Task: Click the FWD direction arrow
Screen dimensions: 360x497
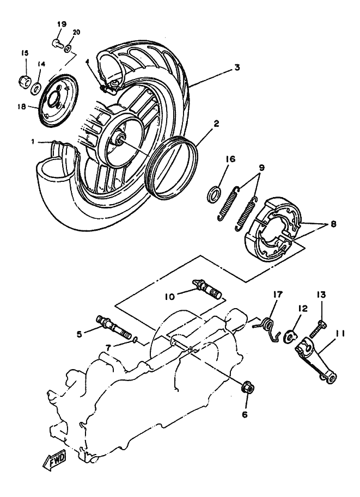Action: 55,459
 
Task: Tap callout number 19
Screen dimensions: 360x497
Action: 62,24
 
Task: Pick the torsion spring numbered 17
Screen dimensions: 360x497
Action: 269,328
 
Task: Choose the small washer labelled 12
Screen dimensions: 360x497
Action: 290,336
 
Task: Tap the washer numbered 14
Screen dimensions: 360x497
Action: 36,88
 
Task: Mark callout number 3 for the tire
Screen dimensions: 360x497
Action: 236,68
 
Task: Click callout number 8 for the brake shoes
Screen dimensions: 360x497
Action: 332,224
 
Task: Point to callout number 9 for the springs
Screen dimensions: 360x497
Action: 261,167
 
